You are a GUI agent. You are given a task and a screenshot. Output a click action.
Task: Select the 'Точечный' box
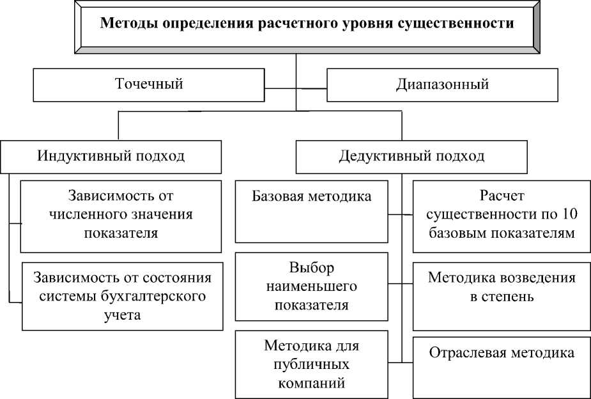point(148,84)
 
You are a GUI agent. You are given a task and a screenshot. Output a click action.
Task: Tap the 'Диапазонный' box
point(442,84)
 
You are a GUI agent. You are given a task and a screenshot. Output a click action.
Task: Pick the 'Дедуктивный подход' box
point(411,156)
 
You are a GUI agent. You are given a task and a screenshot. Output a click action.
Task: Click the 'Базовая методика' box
point(312,211)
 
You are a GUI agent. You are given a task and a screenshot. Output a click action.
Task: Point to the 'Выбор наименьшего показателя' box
point(312,286)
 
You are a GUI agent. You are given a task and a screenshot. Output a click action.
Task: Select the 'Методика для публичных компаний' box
point(312,364)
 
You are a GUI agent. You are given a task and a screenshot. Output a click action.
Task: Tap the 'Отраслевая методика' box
point(502,364)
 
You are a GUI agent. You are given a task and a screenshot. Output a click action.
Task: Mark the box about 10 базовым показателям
point(502,214)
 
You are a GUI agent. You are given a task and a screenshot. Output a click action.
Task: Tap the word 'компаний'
point(312,384)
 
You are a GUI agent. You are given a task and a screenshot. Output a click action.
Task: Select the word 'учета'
point(120,315)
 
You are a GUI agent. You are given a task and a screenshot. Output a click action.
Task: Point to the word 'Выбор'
point(312,267)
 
